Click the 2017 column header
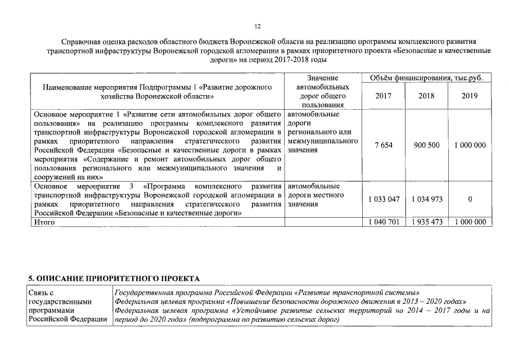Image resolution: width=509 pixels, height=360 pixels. [383, 96]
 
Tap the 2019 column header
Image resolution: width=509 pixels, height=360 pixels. [469, 96]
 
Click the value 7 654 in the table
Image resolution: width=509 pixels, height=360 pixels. [383, 145]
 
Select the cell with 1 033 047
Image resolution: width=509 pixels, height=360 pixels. [384, 199]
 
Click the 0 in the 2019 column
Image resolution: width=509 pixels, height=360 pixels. [470, 199]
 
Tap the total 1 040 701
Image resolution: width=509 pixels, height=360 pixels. [384, 222]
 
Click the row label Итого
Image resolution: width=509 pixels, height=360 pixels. [44, 222]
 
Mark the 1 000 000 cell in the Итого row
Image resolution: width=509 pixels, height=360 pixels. [470, 222]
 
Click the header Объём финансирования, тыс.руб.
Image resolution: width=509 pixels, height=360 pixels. [426, 78]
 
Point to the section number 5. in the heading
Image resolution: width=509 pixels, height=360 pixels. [31, 278]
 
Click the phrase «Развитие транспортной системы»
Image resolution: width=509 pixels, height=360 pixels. [357, 293]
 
